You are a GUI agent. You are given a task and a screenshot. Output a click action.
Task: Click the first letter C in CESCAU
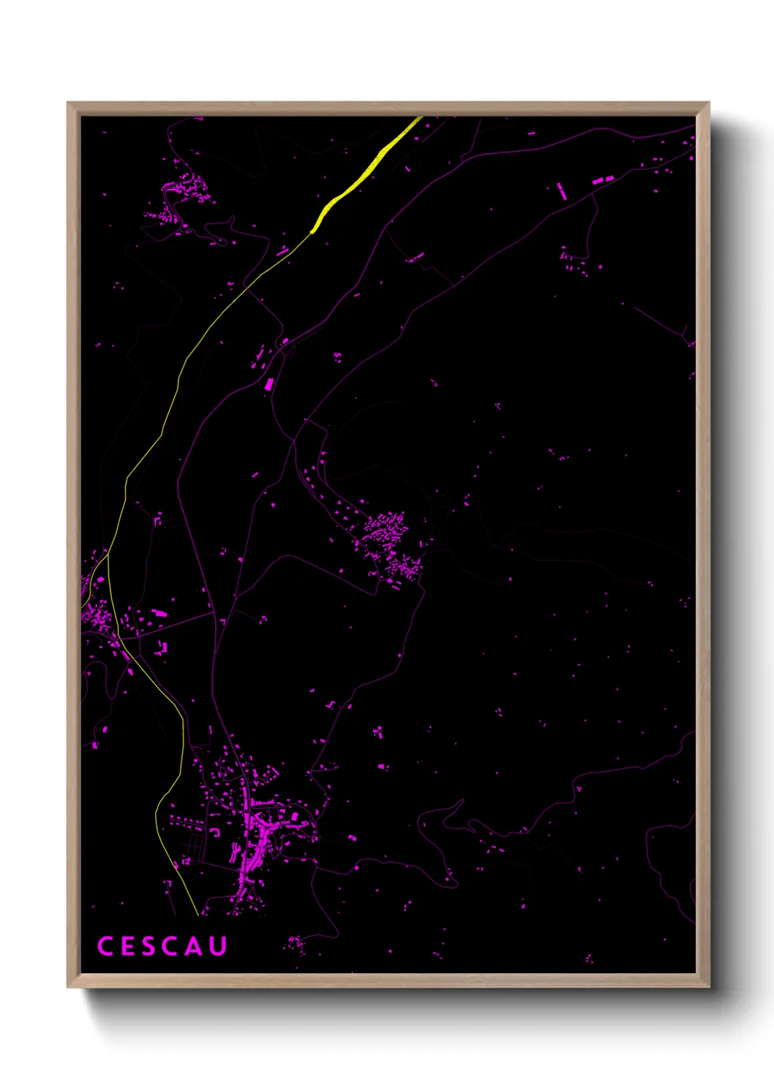coord(105,946)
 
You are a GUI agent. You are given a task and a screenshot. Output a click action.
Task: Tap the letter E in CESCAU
coord(127,946)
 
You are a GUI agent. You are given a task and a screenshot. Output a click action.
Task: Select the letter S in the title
coord(149,946)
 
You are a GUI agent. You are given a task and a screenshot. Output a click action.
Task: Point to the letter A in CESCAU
coord(193,946)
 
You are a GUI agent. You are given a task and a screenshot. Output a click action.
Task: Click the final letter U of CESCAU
coord(218,946)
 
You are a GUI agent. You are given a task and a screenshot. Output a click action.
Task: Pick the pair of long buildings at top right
coord(602,179)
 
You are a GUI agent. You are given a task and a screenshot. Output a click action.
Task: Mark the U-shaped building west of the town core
coord(216,832)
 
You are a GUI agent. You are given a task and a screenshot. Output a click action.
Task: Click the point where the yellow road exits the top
coord(419,118)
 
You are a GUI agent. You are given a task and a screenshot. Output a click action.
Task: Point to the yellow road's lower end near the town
coord(198,913)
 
